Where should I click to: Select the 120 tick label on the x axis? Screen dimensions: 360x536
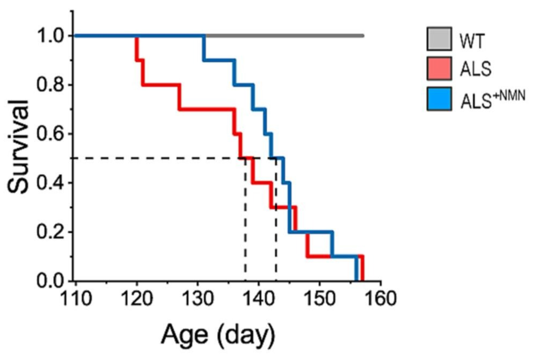coord(137,298)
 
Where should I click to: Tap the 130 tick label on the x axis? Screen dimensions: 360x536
coord(197,298)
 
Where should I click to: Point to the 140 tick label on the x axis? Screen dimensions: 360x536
coord(259,298)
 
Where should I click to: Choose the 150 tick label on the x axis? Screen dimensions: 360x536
coord(319,298)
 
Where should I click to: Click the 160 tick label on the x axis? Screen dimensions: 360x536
coord(380,298)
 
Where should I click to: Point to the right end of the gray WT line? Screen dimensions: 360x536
coord(363,36)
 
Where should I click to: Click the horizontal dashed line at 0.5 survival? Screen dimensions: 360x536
coord(156,158)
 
